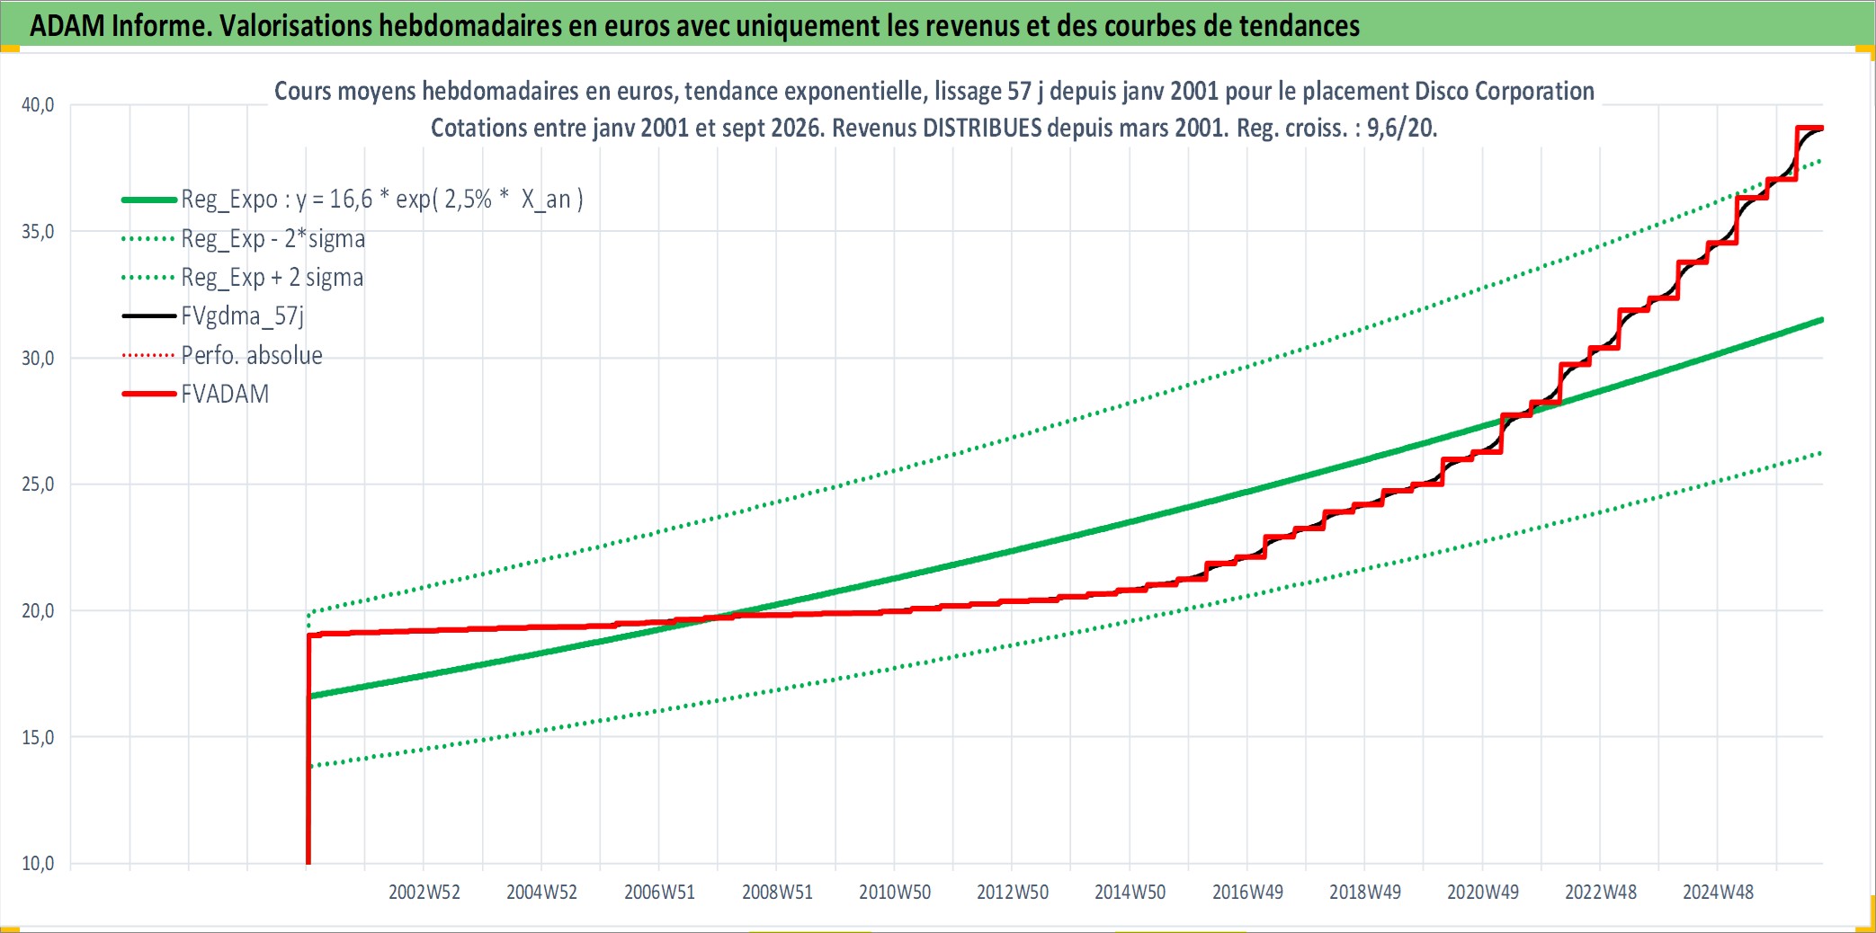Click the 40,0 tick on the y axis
[38, 105]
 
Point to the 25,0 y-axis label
[38, 484]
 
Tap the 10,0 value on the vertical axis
[38, 864]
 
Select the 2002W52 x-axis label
[424, 892]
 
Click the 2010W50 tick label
[895, 892]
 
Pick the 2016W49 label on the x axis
[1247, 892]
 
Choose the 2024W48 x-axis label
[1718, 892]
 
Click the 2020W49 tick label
[1483, 892]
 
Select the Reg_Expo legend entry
[353, 199]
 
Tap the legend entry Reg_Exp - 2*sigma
[244, 239]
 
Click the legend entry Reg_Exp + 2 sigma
[243, 278]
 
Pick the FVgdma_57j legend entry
[213, 316]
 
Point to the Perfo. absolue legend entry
[222, 355]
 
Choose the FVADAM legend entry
[195, 394]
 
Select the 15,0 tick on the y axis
[38, 737]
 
